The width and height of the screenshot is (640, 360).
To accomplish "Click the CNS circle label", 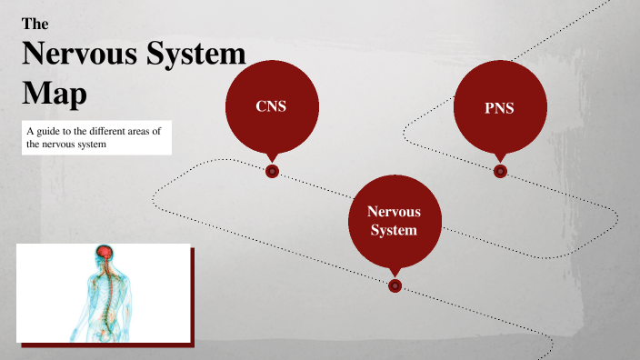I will coord(271,106).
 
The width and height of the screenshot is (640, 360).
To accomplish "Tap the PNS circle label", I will coord(499,108).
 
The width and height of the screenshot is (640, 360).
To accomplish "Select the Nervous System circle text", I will coord(393,221).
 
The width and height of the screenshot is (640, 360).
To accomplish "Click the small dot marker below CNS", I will coord(272,171).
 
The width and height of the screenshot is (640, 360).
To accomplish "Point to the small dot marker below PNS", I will coord(500,171).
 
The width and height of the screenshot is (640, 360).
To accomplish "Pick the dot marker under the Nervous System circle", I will coord(395,285).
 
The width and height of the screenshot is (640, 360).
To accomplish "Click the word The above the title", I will coord(35,25).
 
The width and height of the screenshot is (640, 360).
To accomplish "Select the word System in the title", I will coord(198,54).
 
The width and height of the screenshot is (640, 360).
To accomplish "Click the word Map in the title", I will coord(54,92).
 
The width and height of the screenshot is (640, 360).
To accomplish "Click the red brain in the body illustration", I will coord(105,251).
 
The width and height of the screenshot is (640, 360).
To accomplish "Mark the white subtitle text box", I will coord(96,137).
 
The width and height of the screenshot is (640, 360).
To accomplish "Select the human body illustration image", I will coord(104,293).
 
